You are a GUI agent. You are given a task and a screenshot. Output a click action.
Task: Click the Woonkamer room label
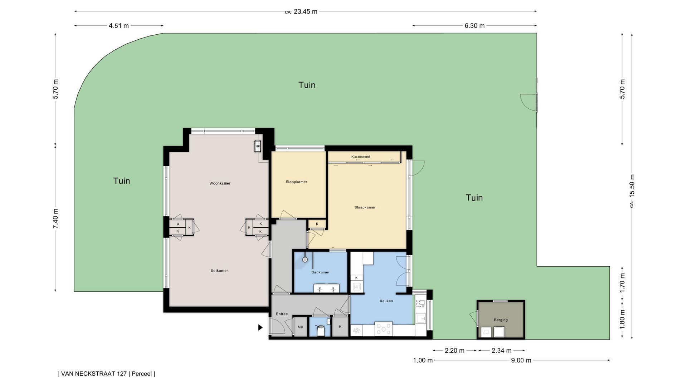[x=220, y=183]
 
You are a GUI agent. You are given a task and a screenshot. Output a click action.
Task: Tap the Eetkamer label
[x=219, y=271]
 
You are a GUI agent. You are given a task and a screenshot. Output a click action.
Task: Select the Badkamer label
[x=320, y=272]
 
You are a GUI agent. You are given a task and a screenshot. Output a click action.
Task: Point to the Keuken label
[x=386, y=301]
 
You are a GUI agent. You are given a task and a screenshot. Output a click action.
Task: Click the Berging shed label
[x=501, y=320]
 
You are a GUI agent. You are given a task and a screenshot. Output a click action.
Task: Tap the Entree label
[x=282, y=314]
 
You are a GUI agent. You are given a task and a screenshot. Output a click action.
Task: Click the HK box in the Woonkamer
[x=258, y=146]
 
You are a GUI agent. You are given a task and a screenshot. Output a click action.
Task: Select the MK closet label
[x=301, y=327]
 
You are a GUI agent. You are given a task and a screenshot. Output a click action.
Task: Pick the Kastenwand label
[x=360, y=157]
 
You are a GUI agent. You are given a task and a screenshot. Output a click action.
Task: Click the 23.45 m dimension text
[x=305, y=11]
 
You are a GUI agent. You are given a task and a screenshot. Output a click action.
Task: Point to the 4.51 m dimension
[x=119, y=26]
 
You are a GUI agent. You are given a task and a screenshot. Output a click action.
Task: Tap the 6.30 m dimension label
[x=474, y=26]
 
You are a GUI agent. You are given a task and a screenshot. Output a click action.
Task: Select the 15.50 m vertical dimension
[x=632, y=185]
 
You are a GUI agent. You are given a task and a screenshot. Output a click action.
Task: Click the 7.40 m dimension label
[x=55, y=219]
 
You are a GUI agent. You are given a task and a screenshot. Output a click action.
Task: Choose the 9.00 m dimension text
[x=521, y=360]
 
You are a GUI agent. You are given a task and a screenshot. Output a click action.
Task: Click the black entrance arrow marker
[x=260, y=327]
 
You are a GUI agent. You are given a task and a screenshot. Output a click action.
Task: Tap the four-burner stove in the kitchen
[x=383, y=329]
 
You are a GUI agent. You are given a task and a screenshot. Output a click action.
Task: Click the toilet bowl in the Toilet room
[x=321, y=332]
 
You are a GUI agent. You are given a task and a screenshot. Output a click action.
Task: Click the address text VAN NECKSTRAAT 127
[x=94, y=374]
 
